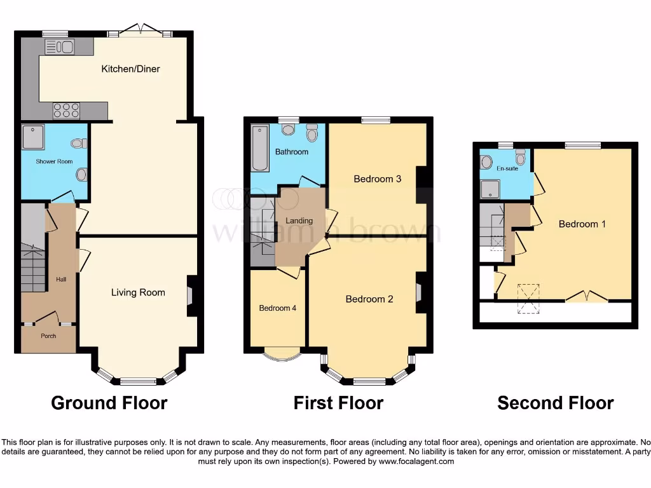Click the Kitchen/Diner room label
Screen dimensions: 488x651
tap(130, 69)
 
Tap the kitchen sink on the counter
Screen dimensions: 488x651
tap(60, 46)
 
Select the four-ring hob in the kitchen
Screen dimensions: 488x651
tap(66, 110)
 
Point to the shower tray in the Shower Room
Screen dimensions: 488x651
tap(32, 136)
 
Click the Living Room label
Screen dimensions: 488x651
tap(138, 292)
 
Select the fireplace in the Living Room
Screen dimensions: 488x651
tap(191, 296)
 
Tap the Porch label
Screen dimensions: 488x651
tap(48, 335)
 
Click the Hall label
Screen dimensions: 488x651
tap(60, 279)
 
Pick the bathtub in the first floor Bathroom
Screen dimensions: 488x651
tap(259, 150)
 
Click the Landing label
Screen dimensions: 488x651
tap(299, 220)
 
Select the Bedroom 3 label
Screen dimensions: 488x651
tap(377, 179)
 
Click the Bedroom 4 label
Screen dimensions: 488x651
tap(277, 308)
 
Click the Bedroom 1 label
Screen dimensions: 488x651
tap(582, 224)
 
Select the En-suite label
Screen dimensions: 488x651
tap(507, 168)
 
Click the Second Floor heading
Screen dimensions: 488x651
tap(555, 403)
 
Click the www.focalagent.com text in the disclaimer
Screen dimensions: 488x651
tap(416, 461)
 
